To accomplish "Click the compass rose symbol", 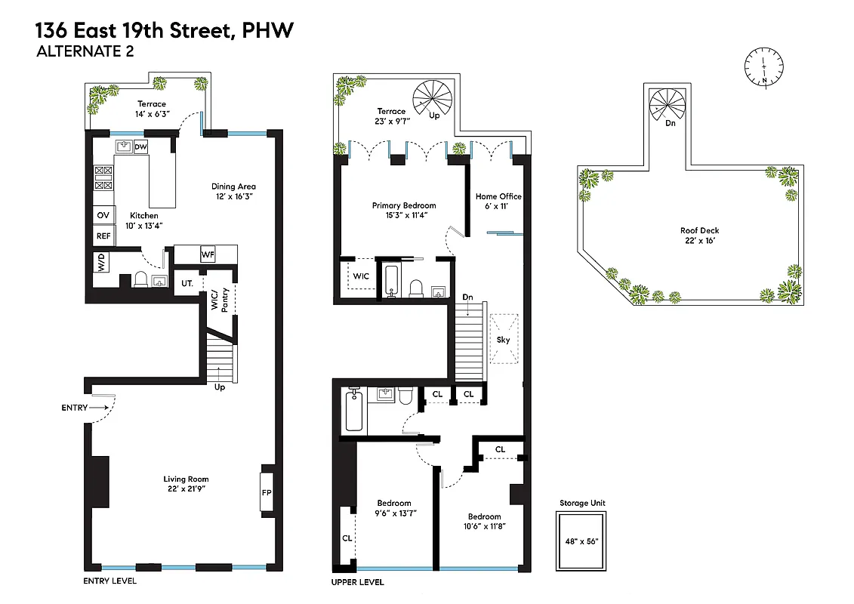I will click(764, 66).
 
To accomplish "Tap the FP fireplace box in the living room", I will click(267, 492).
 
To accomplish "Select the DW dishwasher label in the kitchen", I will click(140, 147).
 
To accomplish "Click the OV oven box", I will click(103, 216).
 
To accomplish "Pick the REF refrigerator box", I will click(103, 236).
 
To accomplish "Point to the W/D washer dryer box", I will click(100, 263).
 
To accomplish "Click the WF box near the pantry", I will click(208, 254).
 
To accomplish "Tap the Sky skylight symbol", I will click(503, 340).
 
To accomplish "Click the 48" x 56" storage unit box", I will click(581, 541).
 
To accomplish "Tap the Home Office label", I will click(498, 196).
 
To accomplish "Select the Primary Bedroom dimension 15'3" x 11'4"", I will click(404, 215).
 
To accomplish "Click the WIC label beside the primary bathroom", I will click(361, 276).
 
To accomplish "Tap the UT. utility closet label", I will click(187, 283).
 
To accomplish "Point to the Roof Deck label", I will click(698, 231).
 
